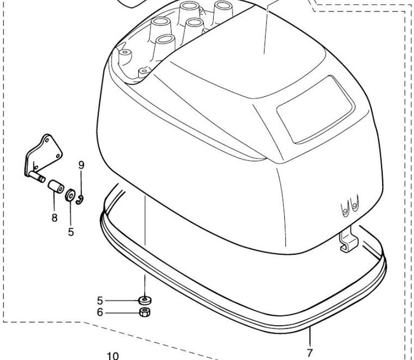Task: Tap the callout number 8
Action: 54,217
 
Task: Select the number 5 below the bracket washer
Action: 71,231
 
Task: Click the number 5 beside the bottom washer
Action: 100,300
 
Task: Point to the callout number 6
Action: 100,313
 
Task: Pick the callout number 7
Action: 310,353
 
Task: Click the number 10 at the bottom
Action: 113,356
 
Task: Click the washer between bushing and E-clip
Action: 70,194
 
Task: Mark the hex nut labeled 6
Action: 145,312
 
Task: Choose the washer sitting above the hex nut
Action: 145,300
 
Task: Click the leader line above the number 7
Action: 309,338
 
